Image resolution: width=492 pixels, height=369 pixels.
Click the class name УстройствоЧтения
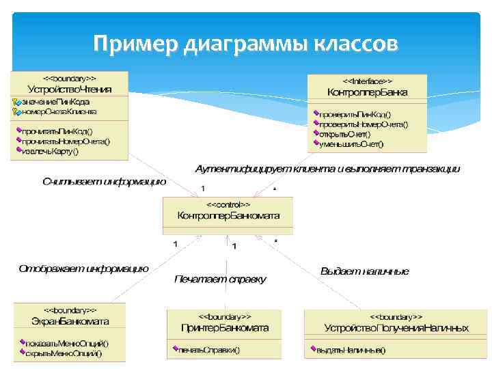[x=70, y=89]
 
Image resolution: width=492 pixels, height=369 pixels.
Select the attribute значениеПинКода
[x=55, y=102]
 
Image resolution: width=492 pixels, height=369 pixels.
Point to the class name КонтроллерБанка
[x=367, y=92]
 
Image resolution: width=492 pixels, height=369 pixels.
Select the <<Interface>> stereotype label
[x=367, y=81]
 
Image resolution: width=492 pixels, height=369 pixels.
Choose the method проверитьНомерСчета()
[x=363, y=124]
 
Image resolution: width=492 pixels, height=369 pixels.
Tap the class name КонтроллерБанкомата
[x=228, y=215]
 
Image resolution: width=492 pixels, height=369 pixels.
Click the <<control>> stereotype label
[x=228, y=204]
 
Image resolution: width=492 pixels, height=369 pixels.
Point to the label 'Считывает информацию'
[x=104, y=182]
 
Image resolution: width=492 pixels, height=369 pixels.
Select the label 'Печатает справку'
[x=219, y=279]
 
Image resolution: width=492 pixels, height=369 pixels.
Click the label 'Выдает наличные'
[x=364, y=271]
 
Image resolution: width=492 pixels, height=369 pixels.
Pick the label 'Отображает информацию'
[x=83, y=268]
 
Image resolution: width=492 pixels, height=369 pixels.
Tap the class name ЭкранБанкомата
[x=70, y=321]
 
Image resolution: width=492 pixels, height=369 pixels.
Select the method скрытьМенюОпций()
[x=64, y=353]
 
